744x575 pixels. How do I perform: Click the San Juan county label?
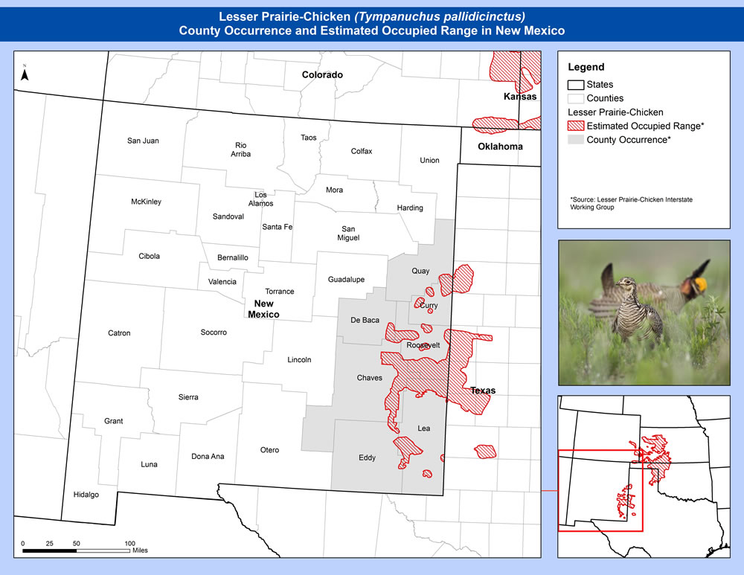pos(143,141)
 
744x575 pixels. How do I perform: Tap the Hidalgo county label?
pos(86,495)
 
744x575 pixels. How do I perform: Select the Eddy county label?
pos(367,457)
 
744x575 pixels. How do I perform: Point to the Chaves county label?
pos(369,378)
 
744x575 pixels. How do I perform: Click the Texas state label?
pos(482,391)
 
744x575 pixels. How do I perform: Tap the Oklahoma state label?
pos(500,147)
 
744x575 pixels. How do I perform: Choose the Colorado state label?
pos(321,74)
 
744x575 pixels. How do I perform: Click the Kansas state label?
pos(519,97)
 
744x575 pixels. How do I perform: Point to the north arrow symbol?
pos(25,74)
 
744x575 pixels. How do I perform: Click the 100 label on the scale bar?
pos(129,544)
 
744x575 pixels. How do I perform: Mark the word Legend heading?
pos(586,68)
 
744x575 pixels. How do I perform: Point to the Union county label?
pos(429,160)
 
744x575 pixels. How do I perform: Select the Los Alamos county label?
pos(260,199)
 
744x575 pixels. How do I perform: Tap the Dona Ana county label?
pos(208,456)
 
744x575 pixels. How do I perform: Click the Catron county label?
pos(119,333)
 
